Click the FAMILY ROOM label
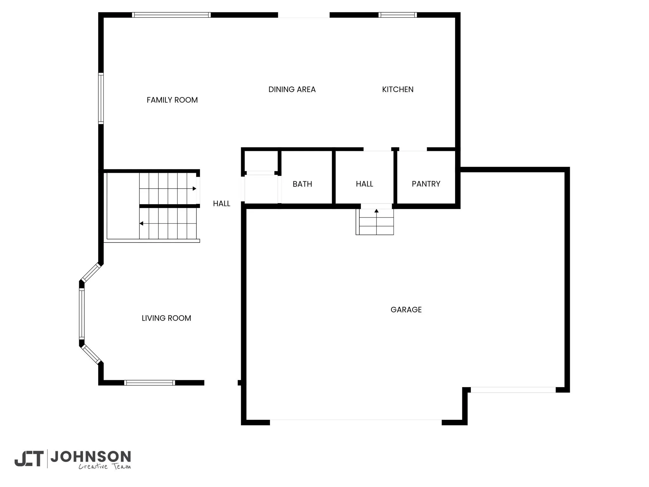click(x=172, y=100)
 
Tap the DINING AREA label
click(x=292, y=90)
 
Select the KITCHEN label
click(x=398, y=90)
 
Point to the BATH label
click(x=302, y=184)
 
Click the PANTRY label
click(x=426, y=184)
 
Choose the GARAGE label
click(x=406, y=310)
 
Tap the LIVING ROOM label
click(x=166, y=318)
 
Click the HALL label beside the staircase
click(x=222, y=204)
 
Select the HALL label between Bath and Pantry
click(x=364, y=184)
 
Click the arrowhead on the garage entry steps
click(x=376, y=211)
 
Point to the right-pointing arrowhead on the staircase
click(x=194, y=189)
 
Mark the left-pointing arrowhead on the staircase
click(x=141, y=224)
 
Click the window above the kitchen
click(x=397, y=15)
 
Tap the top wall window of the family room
click(x=171, y=15)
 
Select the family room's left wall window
click(x=101, y=98)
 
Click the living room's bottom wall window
click(x=149, y=383)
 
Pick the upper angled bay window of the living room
click(x=91, y=272)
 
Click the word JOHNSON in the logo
click(x=91, y=457)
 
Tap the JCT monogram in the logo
click(x=29, y=458)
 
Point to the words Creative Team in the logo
click(x=105, y=466)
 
